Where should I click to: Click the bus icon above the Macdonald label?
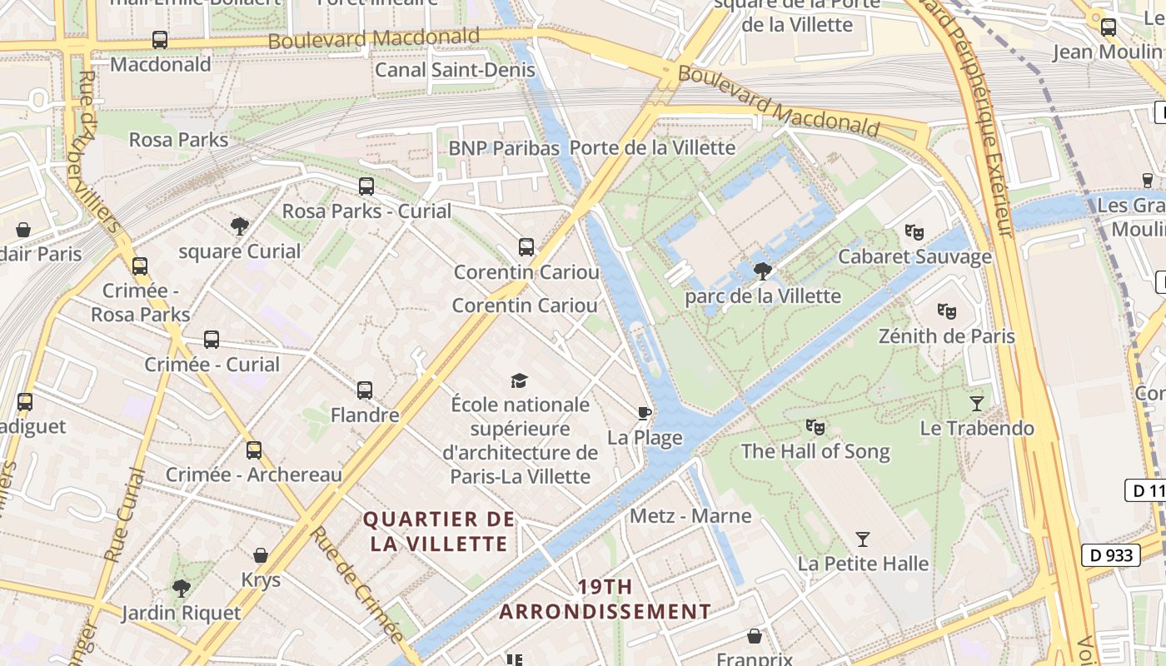pos(159,39)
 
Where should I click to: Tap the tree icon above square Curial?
pos(240,226)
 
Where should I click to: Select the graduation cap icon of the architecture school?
pos(520,380)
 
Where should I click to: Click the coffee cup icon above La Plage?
pos(644,413)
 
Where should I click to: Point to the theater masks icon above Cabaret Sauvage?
pos(914,232)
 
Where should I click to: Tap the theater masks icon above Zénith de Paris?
pos(946,311)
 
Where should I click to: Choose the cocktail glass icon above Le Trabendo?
pos(977,404)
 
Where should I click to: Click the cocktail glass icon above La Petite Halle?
pos(863,539)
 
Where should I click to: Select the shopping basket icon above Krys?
pos(261,555)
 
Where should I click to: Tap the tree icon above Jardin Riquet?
pos(181,589)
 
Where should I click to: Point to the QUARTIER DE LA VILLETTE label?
pos(439,531)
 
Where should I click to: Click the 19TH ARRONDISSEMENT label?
pos(605,599)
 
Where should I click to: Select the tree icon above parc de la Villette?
pos(762,271)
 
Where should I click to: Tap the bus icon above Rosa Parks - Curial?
pos(366,186)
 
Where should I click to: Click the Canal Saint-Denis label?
pos(455,69)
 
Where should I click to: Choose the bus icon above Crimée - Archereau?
pos(254,450)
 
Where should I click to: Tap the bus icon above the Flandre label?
pos(365,390)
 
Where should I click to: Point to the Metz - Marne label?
pos(690,515)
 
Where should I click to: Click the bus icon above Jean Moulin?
pos(1109,27)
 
